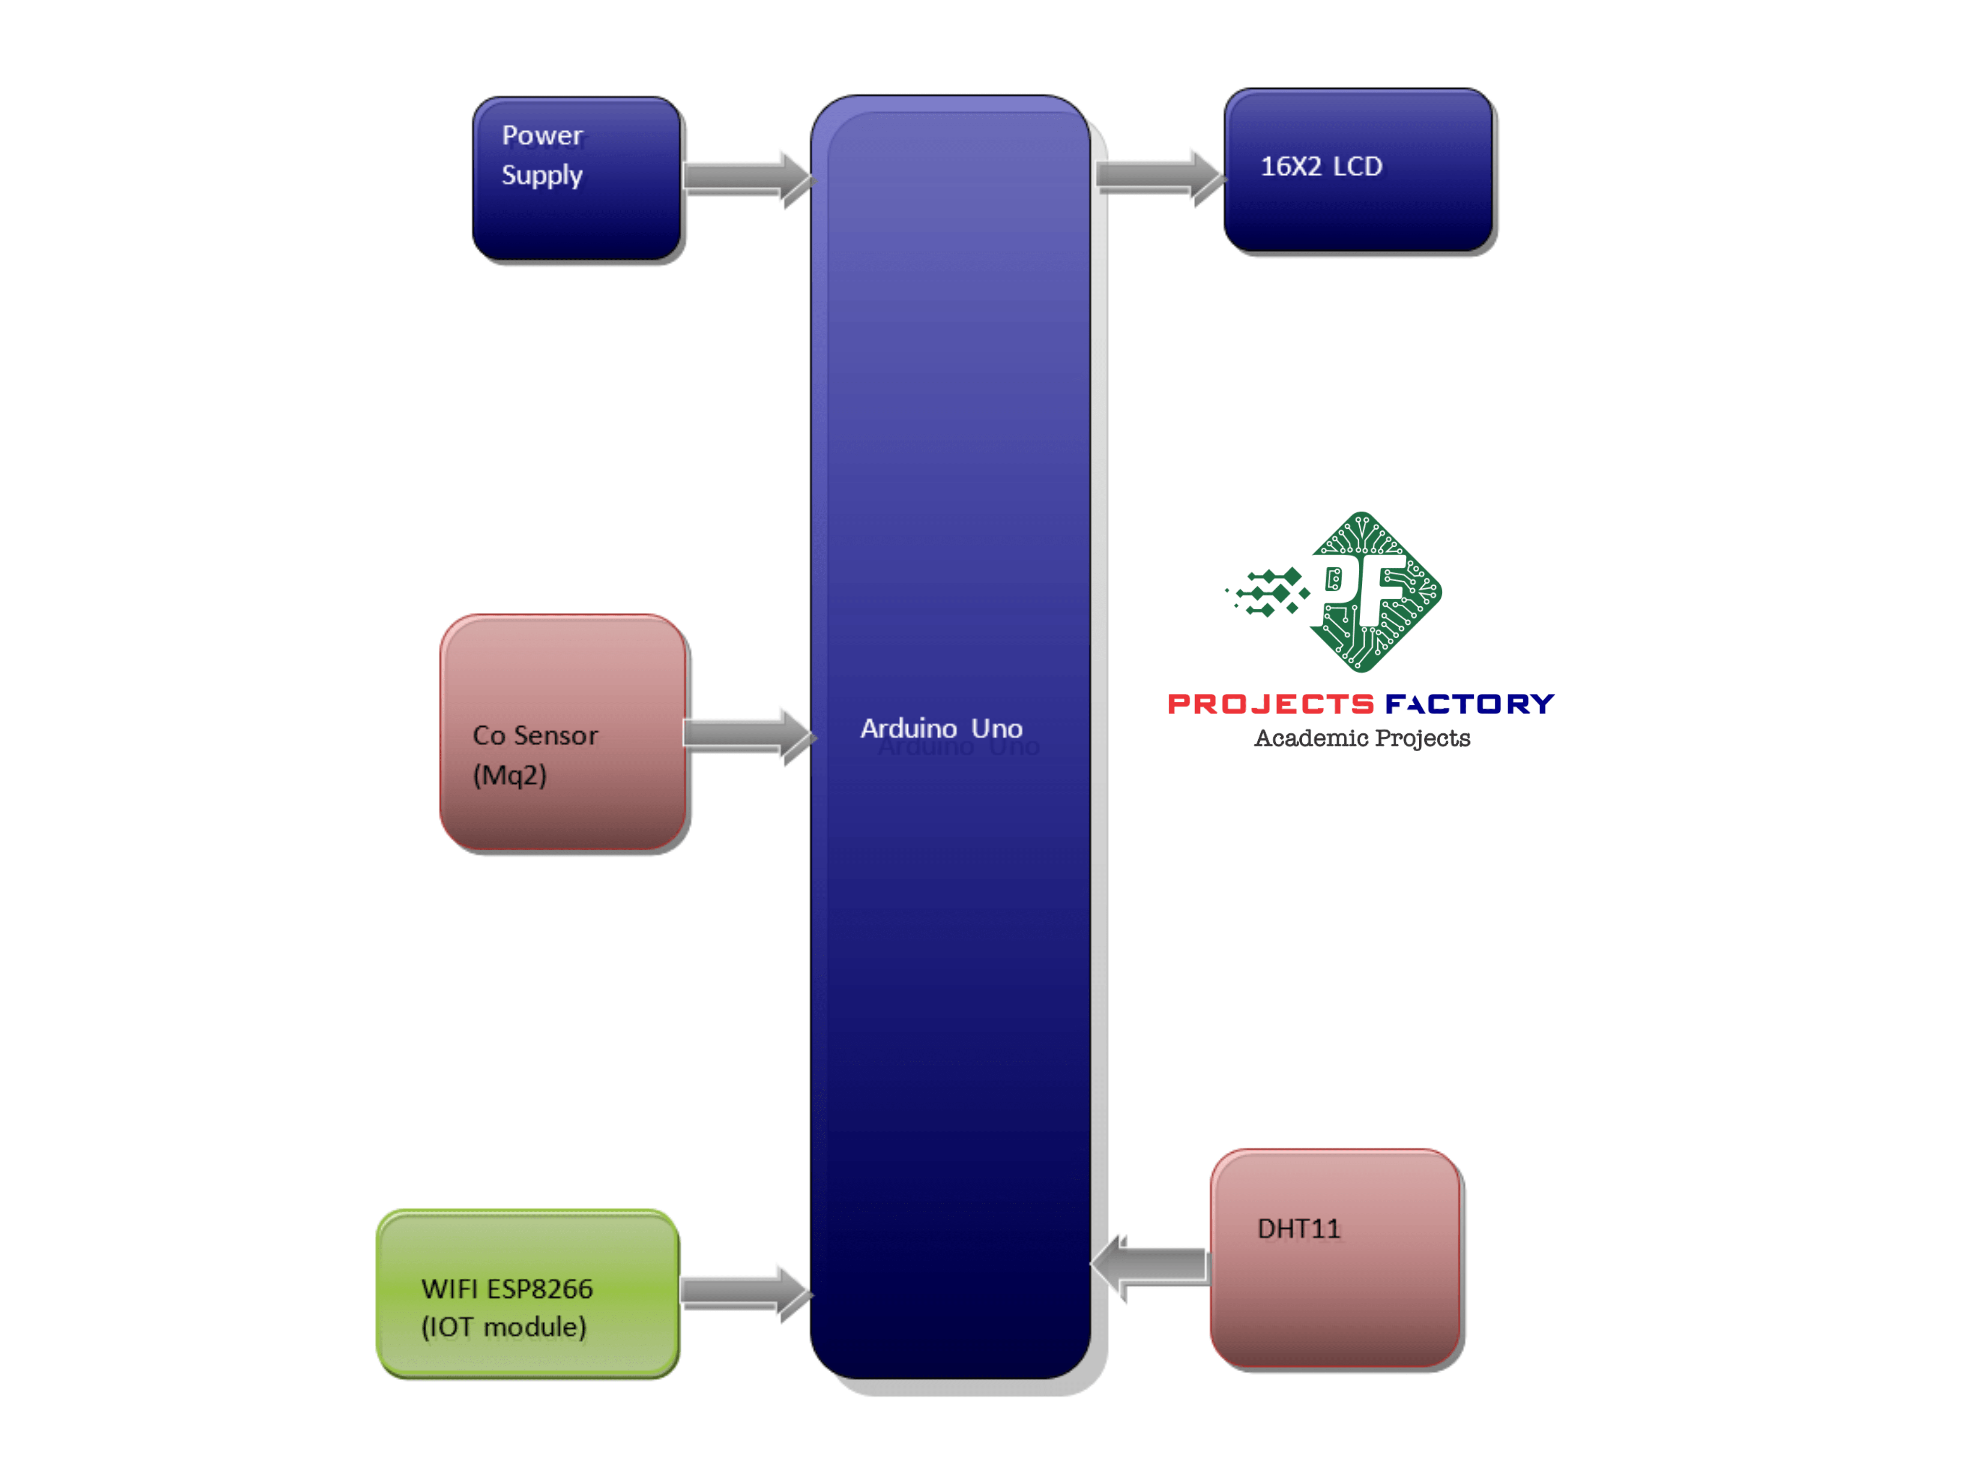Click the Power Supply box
(577, 179)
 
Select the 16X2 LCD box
(1358, 170)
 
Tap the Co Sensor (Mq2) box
(563, 732)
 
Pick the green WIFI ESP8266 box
(527, 1294)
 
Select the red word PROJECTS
(1270, 705)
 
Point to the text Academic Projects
(1362, 738)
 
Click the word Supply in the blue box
(541, 175)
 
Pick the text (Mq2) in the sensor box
(509, 775)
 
